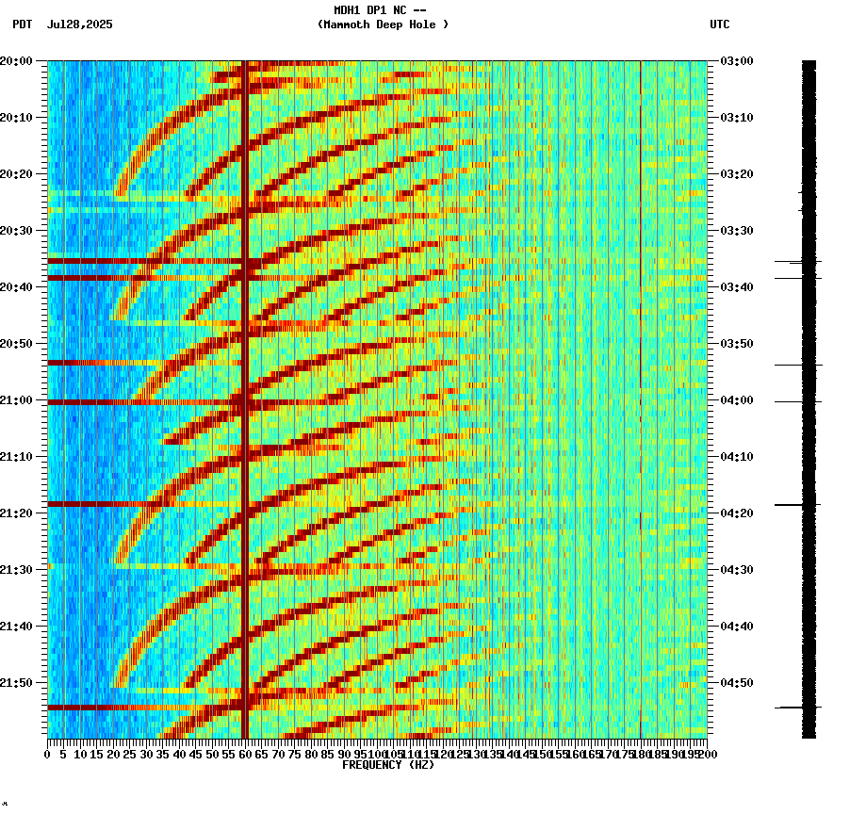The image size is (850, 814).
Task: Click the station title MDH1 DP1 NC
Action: [380, 10]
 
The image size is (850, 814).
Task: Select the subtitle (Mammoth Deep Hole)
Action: [383, 24]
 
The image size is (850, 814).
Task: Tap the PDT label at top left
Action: [22, 24]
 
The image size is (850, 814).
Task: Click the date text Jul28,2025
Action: [79, 24]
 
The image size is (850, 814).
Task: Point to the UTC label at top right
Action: [719, 24]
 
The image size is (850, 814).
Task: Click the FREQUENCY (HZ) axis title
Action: [387, 765]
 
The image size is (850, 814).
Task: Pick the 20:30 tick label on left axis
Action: [17, 231]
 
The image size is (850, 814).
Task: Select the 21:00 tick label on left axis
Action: [17, 400]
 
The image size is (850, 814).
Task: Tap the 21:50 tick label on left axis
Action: [17, 683]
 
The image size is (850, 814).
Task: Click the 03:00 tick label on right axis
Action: [735, 61]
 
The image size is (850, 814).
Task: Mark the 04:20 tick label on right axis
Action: [735, 513]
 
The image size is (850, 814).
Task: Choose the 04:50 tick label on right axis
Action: [735, 683]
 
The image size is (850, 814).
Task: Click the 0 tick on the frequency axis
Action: [48, 755]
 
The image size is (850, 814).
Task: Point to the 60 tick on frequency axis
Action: [245, 755]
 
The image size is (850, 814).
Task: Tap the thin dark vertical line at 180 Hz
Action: [641, 377]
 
